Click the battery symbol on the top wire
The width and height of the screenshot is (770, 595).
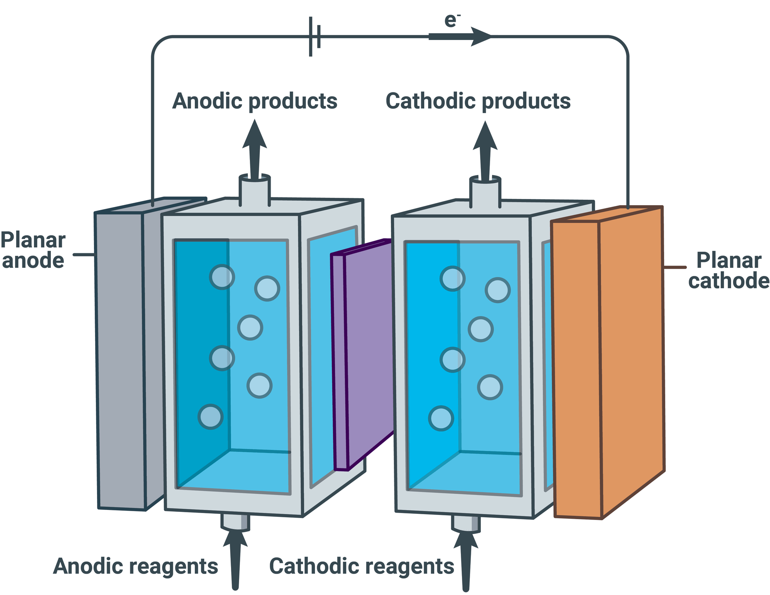pos(315,37)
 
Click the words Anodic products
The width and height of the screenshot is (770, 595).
pos(254,101)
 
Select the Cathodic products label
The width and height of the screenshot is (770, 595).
pos(478,101)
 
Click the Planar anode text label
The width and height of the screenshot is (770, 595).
pos(33,251)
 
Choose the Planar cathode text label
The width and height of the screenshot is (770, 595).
pos(728,271)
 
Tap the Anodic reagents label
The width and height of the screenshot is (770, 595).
pos(136,566)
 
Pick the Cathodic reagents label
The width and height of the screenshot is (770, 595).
pos(362,566)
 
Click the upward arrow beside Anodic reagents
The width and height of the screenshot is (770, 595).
pos(235,558)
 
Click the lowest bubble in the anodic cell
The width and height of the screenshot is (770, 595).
pos(211,416)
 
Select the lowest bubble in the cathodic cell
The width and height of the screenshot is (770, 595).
pos(441,418)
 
